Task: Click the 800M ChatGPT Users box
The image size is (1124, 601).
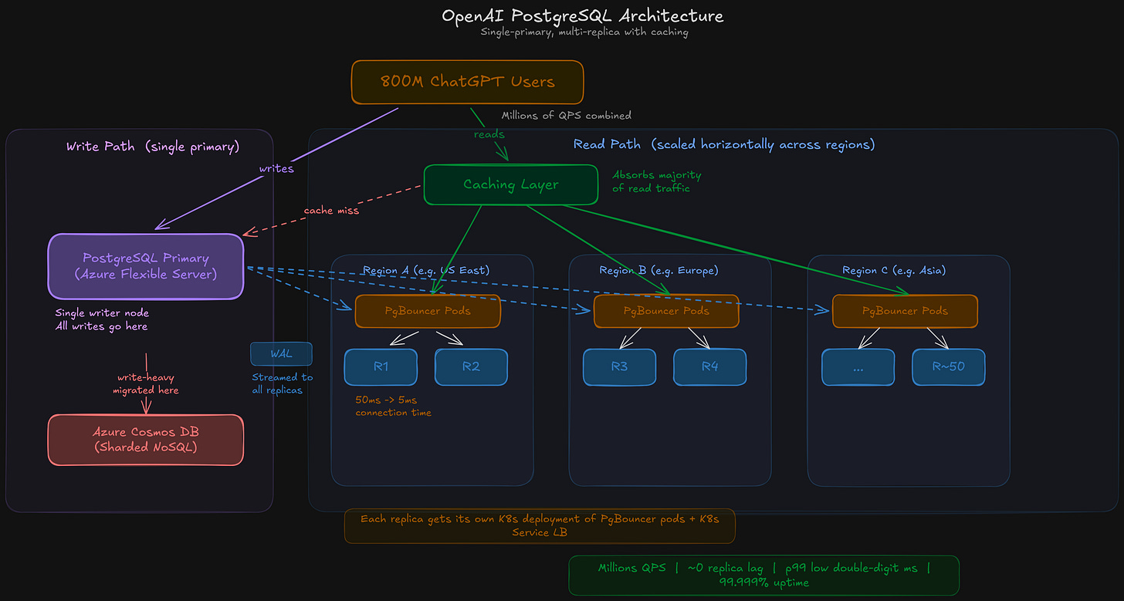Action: coord(467,82)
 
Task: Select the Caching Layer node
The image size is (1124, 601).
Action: coord(510,184)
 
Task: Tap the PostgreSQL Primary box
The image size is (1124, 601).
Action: coord(146,266)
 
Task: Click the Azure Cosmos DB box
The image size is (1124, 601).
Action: coord(146,440)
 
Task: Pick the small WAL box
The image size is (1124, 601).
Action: coord(281,354)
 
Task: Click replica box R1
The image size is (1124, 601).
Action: coord(381,367)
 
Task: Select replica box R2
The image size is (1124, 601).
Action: coord(471,367)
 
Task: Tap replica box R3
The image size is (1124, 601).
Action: coord(619,367)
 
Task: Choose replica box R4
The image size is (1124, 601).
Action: coord(709,367)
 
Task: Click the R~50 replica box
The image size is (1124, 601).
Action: coord(948,367)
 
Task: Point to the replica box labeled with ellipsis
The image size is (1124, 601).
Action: coord(858,367)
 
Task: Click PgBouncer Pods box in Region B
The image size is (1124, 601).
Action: coord(665,311)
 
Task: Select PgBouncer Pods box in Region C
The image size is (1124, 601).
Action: coord(905,311)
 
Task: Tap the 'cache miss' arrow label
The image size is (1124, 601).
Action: coord(331,211)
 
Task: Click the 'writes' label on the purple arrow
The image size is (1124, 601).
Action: coord(276,168)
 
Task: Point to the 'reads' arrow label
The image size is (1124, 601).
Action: coord(489,134)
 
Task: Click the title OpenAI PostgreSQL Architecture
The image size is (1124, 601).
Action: coord(583,16)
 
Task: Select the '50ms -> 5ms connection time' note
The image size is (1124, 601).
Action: coord(393,407)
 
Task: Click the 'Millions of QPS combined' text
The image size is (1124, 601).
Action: coord(566,116)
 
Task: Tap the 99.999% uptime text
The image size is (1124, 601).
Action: coord(763,582)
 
